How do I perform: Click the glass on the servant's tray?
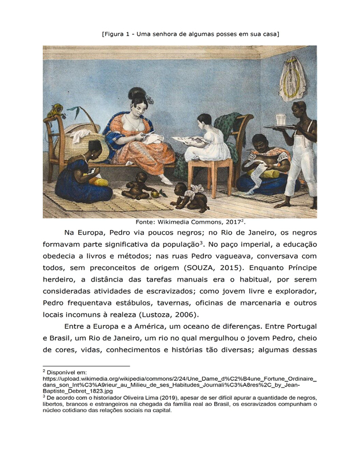coord(281,120)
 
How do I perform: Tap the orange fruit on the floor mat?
coord(154,195)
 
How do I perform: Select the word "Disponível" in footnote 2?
coord(66,372)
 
